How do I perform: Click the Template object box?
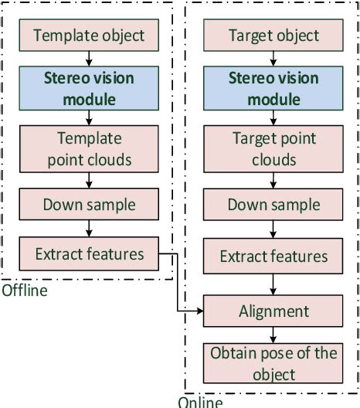coord(89,36)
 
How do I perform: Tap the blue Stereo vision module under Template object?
coord(89,89)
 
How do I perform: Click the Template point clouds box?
coord(89,148)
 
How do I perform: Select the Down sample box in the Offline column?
coord(89,205)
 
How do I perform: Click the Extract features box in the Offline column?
coord(89,253)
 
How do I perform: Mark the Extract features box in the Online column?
coord(274,256)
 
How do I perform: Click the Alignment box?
coord(274,311)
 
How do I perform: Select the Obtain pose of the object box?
coord(274,363)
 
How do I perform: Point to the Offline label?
coord(24,291)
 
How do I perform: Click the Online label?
coord(199,402)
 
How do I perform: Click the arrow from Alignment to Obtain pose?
coord(274,335)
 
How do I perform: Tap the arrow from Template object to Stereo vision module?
coord(89,59)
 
